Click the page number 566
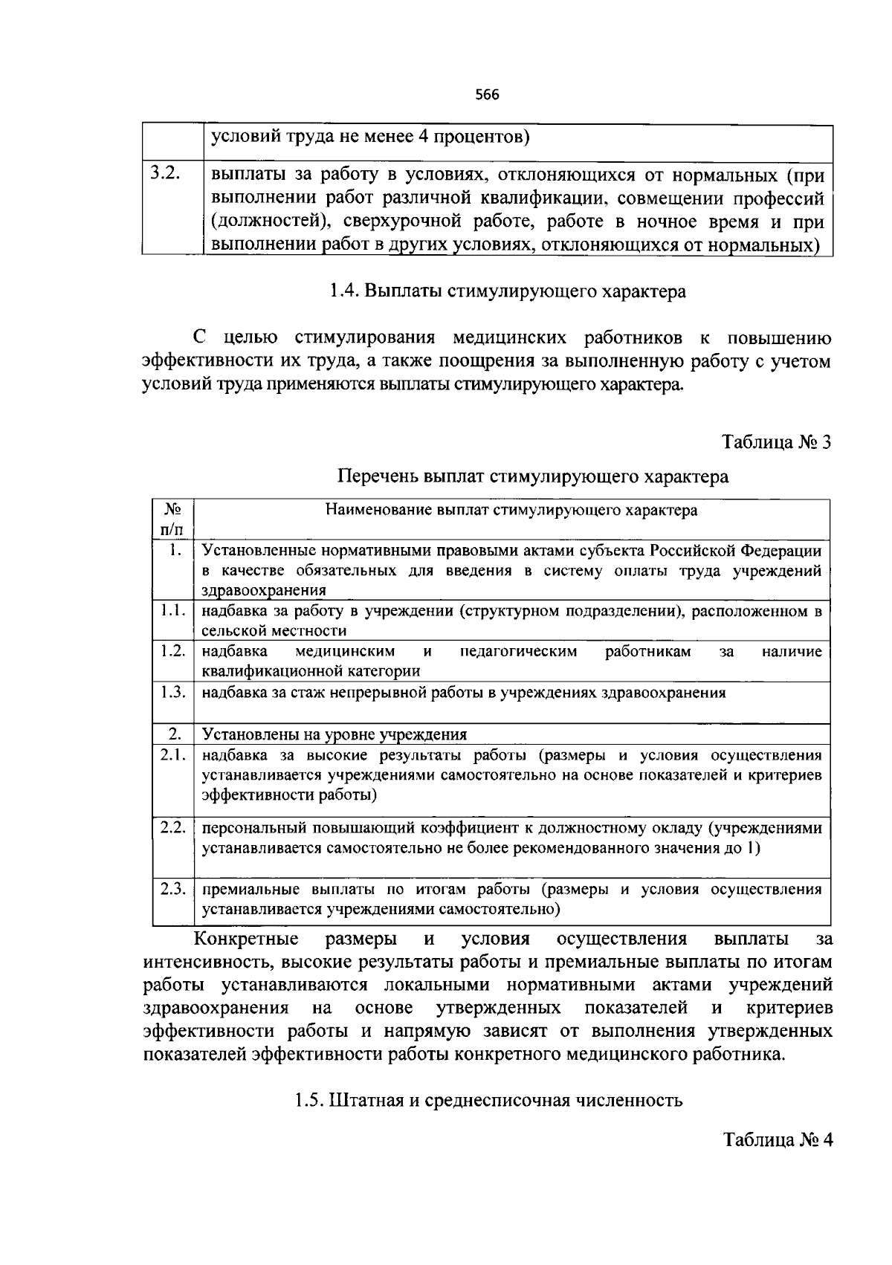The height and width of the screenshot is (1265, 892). (487, 95)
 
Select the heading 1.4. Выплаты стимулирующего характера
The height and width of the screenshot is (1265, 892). (507, 291)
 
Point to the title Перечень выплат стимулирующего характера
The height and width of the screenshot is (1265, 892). (533, 476)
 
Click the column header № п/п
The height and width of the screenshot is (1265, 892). (172, 520)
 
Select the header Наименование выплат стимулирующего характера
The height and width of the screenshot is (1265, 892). (511, 511)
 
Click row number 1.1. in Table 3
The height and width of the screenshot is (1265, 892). (172, 611)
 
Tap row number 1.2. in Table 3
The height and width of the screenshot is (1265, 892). (172, 651)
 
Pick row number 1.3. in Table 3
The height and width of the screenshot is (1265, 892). (172, 692)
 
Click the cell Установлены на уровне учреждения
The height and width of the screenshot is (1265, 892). (334, 734)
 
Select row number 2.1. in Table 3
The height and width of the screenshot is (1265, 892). (172, 755)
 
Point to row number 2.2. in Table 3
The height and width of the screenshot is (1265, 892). (172, 827)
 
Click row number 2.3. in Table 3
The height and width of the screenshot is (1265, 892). (172, 889)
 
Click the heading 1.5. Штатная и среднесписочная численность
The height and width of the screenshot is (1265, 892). (488, 1100)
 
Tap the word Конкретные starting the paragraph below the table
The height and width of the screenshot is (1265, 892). (246, 939)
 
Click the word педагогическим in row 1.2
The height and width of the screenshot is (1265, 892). (518, 652)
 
